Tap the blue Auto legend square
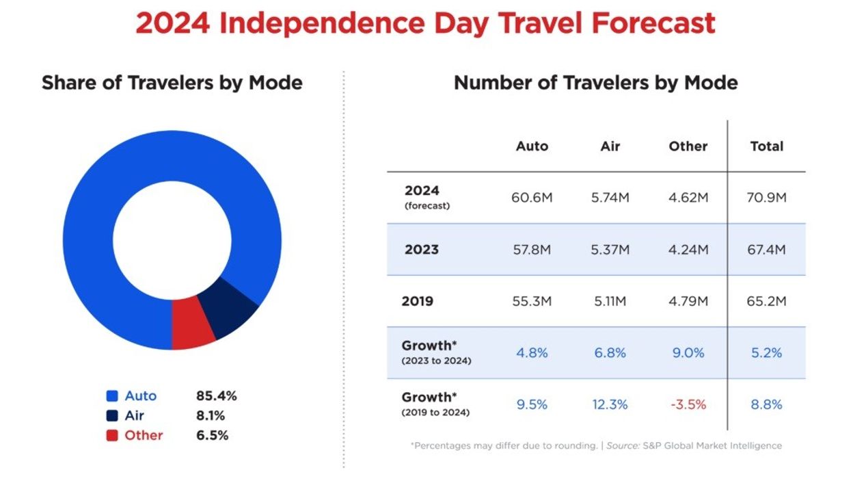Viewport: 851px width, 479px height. click(x=112, y=396)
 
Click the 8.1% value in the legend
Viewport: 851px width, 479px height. click(x=211, y=415)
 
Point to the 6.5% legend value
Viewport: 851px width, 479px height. click(x=212, y=435)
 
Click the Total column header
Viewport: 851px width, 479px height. click(x=766, y=146)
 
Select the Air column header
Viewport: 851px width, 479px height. click(x=610, y=146)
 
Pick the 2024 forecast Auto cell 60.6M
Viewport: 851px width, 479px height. click(x=531, y=198)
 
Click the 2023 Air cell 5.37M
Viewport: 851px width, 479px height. click(x=610, y=250)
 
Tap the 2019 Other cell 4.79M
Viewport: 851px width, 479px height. click(x=688, y=301)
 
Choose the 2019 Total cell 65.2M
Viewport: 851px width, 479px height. click(x=766, y=301)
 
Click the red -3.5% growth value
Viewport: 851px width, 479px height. click(x=688, y=404)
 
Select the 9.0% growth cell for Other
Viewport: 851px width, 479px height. click(x=688, y=353)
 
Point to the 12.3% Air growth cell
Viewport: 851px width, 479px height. click(x=610, y=404)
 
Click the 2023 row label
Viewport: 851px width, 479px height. click(x=422, y=250)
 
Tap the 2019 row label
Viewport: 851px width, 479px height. click(x=418, y=301)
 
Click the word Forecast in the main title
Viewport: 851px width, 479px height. click(x=653, y=23)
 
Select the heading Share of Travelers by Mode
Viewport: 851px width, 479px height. click(x=172, y=83)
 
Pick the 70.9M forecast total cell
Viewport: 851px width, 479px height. click(x=766, y=198)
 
